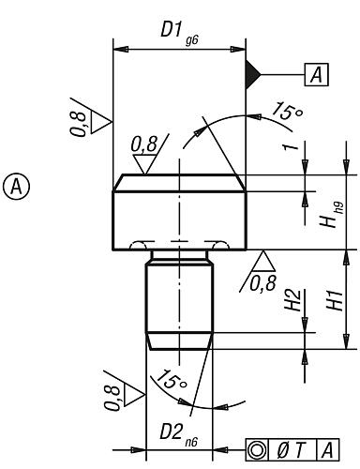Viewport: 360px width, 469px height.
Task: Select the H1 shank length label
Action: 333,300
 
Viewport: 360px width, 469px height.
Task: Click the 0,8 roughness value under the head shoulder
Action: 263,278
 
